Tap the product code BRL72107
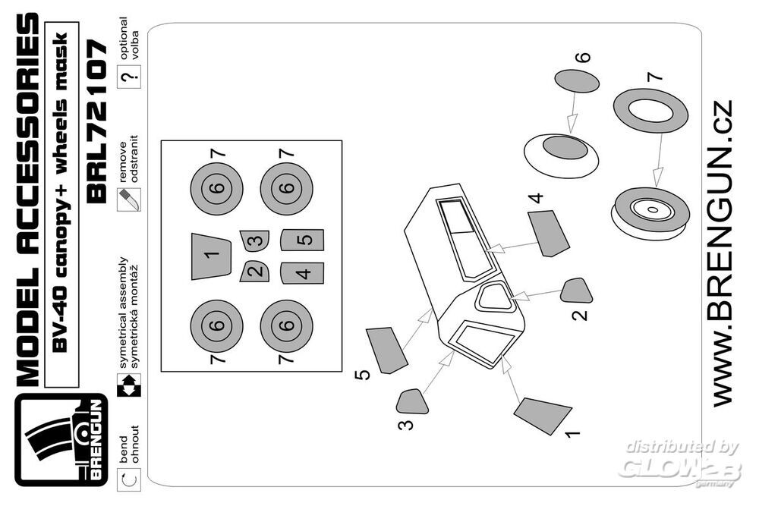click(x=100, y=122)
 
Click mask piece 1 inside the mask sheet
click(x=212, y=256)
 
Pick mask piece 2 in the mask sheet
click(x=256, y=271)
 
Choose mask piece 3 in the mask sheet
click(x=256, y=241)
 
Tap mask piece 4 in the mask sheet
click(x=302, y=272)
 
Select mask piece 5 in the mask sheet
click(x=302, y=240)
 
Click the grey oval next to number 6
click(x=578, y=81)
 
